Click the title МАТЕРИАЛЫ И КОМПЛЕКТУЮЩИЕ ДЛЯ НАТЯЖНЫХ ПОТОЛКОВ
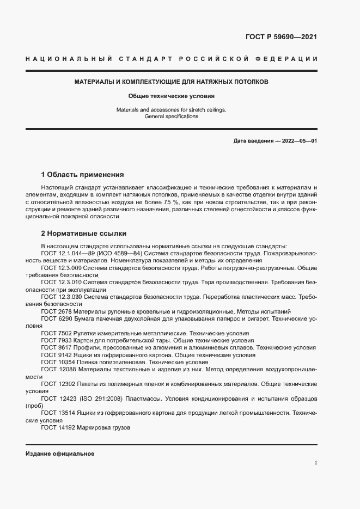pyautogui.click(x=171, y=82)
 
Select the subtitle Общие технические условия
pyautogui.click(x=172, y=96)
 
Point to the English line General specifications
pyautogui.click(x=172, y=116)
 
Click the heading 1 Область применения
pyautogui.click(x=83, y=175)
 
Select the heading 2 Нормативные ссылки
pyautogui.click(x=84, y=234)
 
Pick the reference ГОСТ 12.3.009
pyautogui.click(x=61, y=268)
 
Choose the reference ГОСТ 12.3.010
pyautogui.click(x=61, y=283)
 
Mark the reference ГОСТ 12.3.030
pyautogui.click(x=61, y=297)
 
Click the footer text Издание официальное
pyautogui.click(x=60, y=454)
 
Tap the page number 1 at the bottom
pyautogui.click(x=316, y=463)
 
